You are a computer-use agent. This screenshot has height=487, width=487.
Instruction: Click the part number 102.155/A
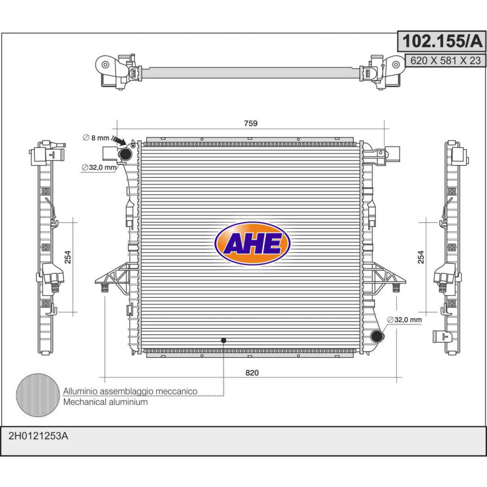(x=443, y=41)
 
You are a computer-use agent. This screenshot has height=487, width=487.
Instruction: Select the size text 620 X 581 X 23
(x=446, y=60)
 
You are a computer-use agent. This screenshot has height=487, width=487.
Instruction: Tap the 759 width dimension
(x=251, y=124)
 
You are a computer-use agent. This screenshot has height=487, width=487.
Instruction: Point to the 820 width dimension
(x=252, y=373)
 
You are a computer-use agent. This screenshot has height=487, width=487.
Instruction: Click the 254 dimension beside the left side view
(x=68, y=257)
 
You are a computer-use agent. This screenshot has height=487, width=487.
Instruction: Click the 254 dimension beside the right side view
(x=421, y=257)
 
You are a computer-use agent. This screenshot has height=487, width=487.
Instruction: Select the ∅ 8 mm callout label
(x=96, y=138)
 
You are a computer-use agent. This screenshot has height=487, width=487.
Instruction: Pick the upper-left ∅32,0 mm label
(x=99, y=168)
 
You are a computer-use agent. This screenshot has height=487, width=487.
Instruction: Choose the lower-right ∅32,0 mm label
(x=405, y=320)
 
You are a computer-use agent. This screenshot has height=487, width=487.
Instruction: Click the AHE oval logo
(x=252, y=243)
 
